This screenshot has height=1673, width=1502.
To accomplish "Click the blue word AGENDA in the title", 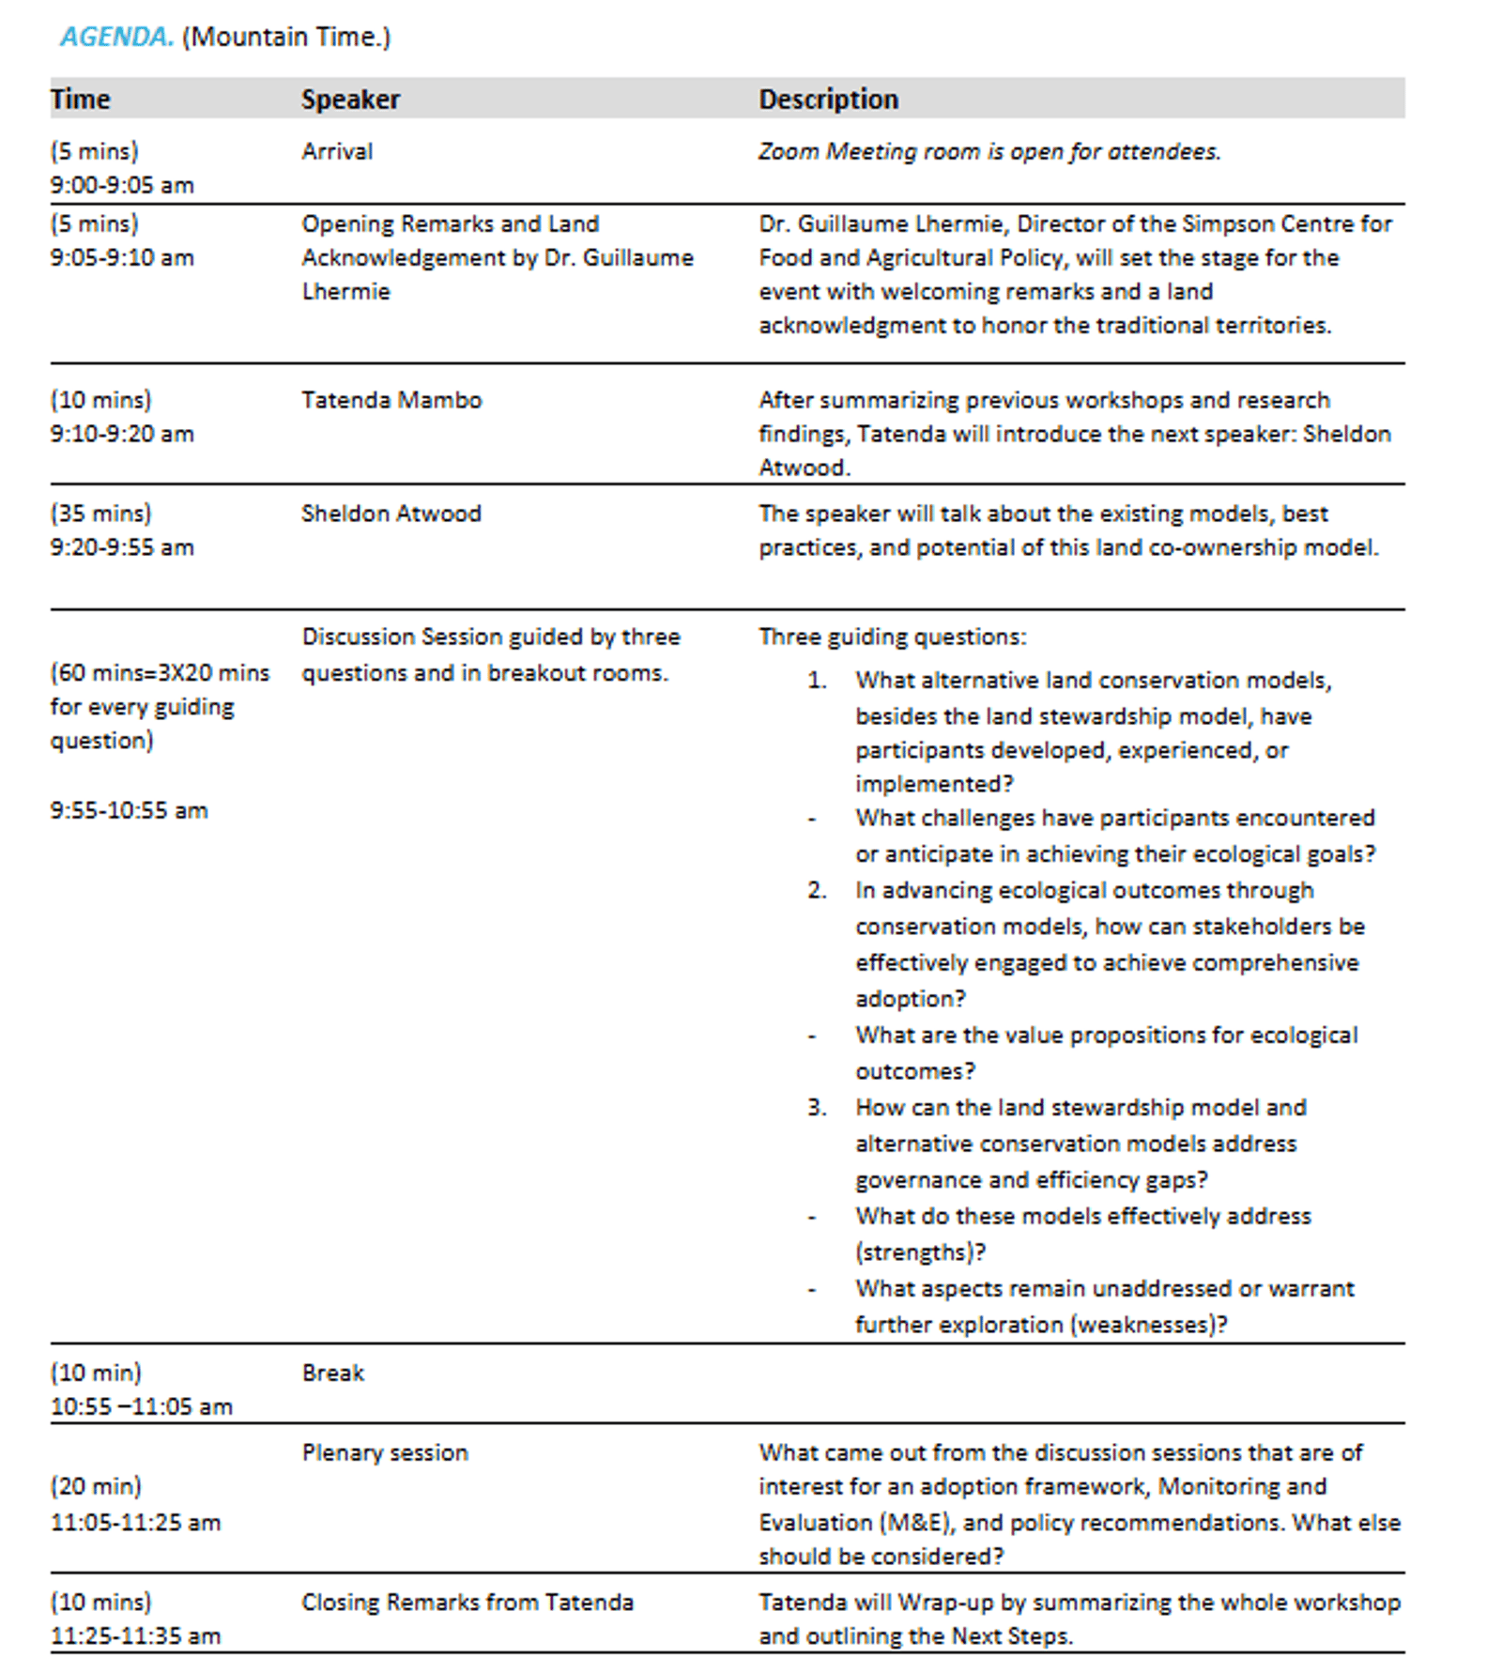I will click(x=116, y=37).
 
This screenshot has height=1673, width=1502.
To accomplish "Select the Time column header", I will click(x=81, y=99).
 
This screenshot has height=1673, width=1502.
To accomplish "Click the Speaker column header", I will click(x=350, y=99).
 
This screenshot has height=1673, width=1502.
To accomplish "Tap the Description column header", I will click(x=828, y=99).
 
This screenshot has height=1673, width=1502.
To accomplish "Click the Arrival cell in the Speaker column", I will click(x=337, y=151).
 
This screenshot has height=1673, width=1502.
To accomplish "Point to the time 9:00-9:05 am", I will click(x=122, y=185).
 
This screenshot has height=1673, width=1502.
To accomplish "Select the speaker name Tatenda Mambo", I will click(x=391, y=400).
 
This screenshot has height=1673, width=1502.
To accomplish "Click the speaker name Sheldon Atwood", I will click(x=391, y=514).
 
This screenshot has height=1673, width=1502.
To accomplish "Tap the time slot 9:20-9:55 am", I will click(x=122, y=547).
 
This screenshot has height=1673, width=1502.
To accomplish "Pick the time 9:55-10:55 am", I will click(x=129, y=810).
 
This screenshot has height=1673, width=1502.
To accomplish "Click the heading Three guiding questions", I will click(x=892, y=637).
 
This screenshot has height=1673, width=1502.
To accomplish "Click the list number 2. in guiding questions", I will click(x=817, y=890).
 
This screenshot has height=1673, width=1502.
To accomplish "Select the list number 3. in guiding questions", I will click(x=817, y=1108).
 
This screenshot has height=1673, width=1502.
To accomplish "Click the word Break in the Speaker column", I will click(x=332, y=1373).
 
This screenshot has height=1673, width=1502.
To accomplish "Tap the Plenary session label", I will click(x=385, y=1452).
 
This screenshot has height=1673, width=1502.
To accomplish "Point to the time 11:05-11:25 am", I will click(x=135, y=1522).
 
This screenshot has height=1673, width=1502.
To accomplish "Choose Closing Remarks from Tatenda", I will click(x=467, y=1602).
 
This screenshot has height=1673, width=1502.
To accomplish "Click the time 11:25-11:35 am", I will click(x=135, y=1635).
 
